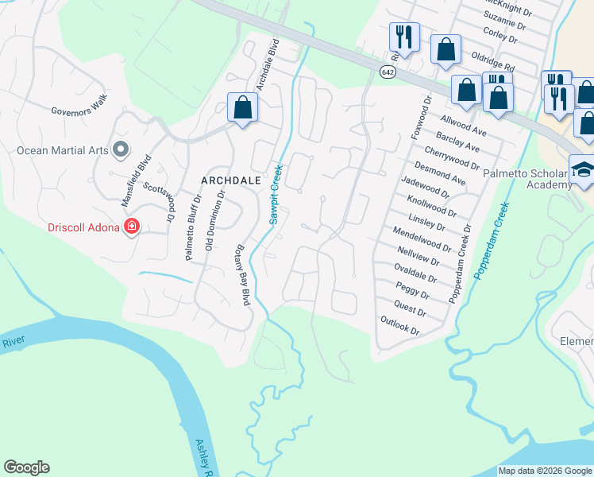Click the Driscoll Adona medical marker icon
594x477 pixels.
click(132, 228)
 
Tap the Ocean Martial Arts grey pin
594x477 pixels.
click(121, 149)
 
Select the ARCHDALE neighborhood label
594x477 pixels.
click(231, 180)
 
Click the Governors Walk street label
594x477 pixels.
click(79, 111)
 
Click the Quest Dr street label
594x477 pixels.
click(411, 305)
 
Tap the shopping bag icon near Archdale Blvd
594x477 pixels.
click(242, 107)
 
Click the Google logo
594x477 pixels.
click(26, 467)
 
